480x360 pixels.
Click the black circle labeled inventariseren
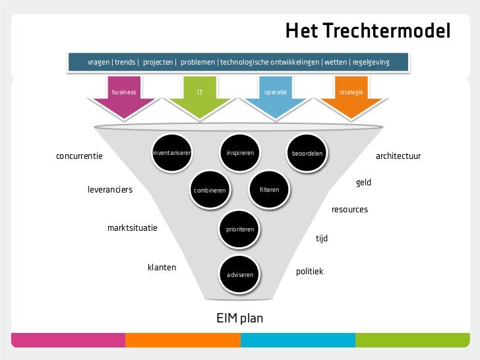[x=171, y=153]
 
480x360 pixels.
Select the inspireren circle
[x=240, y=153]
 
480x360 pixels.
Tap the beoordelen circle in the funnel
[x=307, y=154]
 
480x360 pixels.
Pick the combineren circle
[x=210, y=191]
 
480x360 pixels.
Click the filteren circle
[x=269, y=190]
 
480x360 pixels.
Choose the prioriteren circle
[x=240, y=229]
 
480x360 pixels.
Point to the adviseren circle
[x=240, y=274]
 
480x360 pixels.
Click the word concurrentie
[x=80, y=156]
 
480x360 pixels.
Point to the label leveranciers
[x=110, y=190]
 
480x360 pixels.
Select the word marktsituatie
[x=133, y=228]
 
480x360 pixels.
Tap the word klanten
[x=162, y=268]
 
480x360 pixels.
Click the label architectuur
[x=398, y=156]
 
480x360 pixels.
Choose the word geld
[x=363, y=183]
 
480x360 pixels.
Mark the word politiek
[x=309, y=271]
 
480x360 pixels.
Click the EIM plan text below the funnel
[x=240, y=318]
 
